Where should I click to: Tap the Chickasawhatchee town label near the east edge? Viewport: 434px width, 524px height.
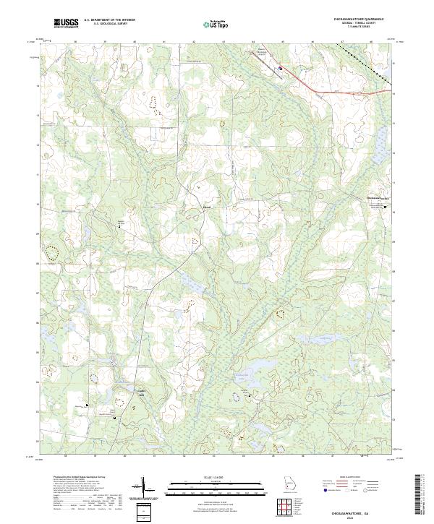coord(378,199)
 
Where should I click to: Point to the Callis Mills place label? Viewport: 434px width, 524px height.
coord(142,394)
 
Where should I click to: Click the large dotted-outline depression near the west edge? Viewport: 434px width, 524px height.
coord(52,253)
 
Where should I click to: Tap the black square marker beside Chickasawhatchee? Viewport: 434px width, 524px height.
coord(385,207)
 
